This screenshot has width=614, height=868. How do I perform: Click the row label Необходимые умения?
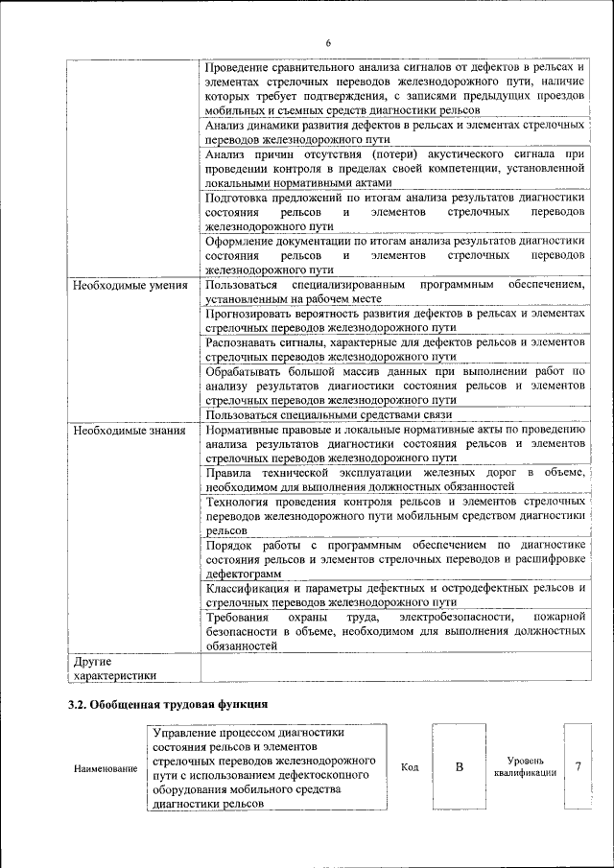point(130,286)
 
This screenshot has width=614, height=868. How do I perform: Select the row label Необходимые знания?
point(129,431)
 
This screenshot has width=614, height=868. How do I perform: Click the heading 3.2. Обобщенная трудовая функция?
point(166,705)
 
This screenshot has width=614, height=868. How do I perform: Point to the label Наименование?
point(105,769)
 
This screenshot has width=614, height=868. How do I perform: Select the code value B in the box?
point(459,766)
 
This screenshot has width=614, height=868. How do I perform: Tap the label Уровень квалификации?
point(525,766)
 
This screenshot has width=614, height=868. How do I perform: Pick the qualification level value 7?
point(579,766)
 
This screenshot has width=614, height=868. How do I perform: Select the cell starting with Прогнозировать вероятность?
point(393,321)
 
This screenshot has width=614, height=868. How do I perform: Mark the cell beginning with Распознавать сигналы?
point(393,349)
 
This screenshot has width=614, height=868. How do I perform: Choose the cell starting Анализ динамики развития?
point(393,132)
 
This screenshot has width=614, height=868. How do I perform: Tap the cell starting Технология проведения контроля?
point(393,515)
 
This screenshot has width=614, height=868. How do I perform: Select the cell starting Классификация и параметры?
point(393,595)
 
